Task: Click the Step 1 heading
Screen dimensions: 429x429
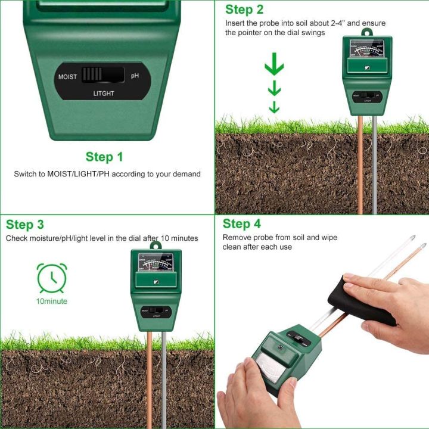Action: pos(104,157)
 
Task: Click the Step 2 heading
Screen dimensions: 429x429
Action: pos(244,10)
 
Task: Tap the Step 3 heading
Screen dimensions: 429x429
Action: pos(25,225)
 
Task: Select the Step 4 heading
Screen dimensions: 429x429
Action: pos(241,224)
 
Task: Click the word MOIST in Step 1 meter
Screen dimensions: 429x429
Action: pos(68,77)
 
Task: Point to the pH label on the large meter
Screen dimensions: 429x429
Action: pos(135,77)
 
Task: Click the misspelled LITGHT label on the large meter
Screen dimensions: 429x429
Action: pos(104,94)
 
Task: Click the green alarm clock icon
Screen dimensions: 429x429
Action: pos(52,278)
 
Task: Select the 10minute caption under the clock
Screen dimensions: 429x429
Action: pos(52,301)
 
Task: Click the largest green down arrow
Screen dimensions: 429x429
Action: pos(274,65)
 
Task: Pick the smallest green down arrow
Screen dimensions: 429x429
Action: pos(274,107)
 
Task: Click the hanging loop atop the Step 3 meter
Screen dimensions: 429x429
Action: pos(156,245)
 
